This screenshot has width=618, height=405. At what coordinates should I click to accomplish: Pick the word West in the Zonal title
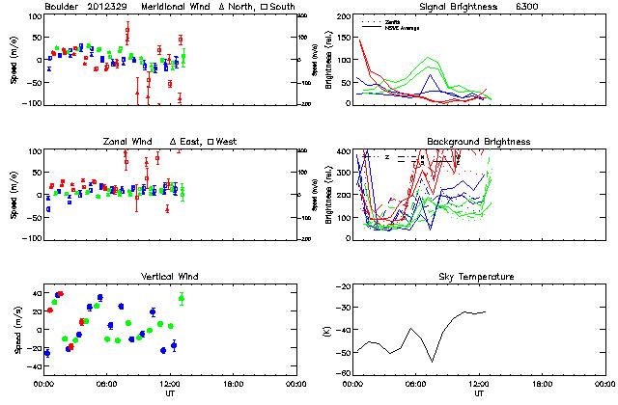click(228, 142)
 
